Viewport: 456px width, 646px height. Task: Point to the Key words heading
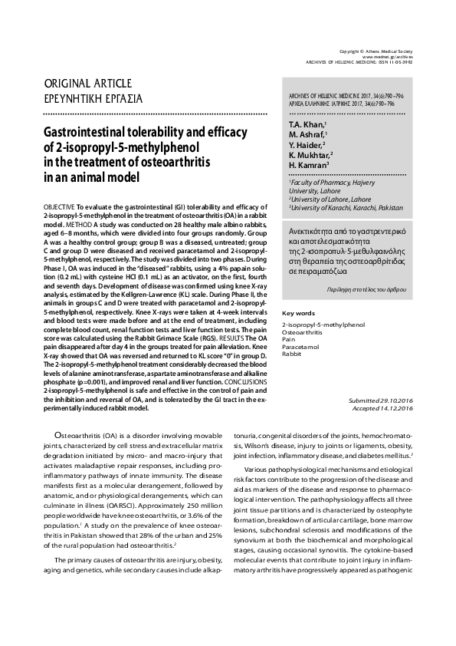(299, 313)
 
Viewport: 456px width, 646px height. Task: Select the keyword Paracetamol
(301, 347)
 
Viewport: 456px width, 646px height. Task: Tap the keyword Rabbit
(292, 354)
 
